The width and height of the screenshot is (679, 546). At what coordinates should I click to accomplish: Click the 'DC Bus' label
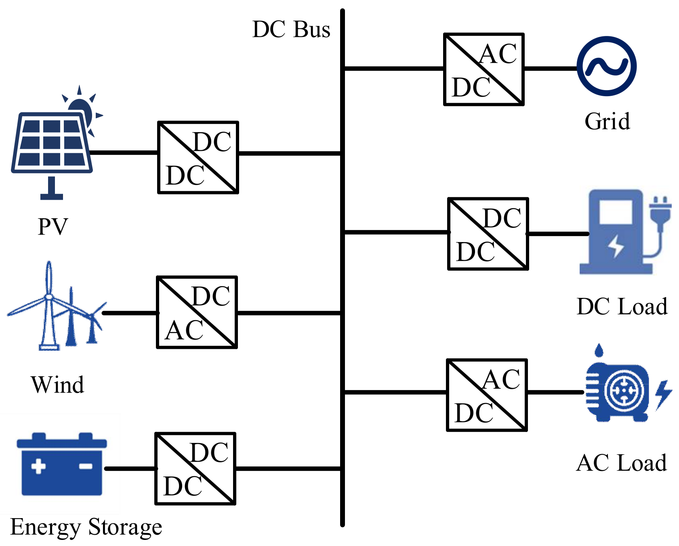[291, 30]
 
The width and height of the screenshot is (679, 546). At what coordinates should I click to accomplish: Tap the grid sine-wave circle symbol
[606, 66]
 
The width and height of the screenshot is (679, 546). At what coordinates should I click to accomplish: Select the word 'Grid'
[607, 121]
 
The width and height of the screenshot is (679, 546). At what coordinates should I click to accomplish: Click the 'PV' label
[53, 226]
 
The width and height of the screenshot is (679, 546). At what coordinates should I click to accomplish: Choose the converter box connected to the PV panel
[198, 157]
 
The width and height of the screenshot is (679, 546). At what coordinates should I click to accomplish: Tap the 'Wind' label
[57, 384]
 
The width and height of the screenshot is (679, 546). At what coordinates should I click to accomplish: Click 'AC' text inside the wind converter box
[184, 331]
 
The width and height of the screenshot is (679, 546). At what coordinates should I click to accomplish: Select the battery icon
[61, 465]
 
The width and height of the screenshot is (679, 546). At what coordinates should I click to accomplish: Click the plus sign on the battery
[38, 466]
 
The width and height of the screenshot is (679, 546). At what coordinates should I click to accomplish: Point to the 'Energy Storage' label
[86, 527]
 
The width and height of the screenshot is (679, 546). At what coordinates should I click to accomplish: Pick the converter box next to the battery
[195, 468]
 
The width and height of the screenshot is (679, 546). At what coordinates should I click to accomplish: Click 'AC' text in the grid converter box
[498, 54]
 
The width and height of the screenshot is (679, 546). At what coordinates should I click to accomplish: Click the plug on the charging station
[660, 212]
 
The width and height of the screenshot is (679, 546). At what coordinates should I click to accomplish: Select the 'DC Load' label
[622, 306]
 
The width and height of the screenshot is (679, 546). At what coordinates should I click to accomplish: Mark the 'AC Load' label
[621, 463]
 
